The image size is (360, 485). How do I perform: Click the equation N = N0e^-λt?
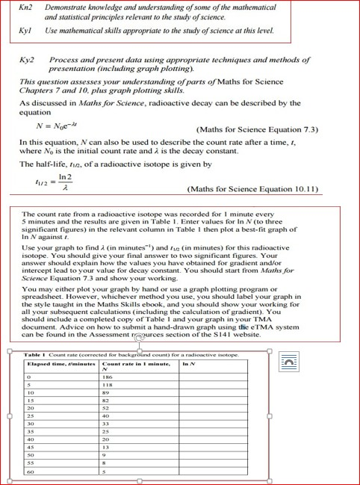[x=52, y=129]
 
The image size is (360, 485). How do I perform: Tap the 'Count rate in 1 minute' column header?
[x=134, y=364]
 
